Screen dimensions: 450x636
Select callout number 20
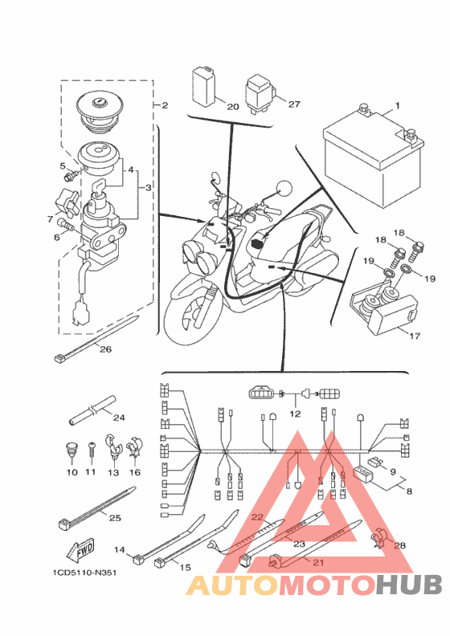(x=233, y=107)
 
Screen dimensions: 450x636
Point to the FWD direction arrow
(x=80, y=550)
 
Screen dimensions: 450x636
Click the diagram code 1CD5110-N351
(x=85, y=573)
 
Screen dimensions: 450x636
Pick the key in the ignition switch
(x=96, y=194)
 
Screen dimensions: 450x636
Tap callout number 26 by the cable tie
(x=105, y=349)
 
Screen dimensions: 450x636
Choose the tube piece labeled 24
(x=92, y=410)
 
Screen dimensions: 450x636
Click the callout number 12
(x=295, y=414)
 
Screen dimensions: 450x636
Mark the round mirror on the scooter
(x=284, y=189)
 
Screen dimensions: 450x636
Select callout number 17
(x=415, y=336)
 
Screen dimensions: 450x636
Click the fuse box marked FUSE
(x=362, y=474)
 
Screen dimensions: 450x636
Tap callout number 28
(x=399, y=545)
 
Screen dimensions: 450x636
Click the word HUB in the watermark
(x=408, y=585)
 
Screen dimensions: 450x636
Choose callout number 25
(x=115, y=518)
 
